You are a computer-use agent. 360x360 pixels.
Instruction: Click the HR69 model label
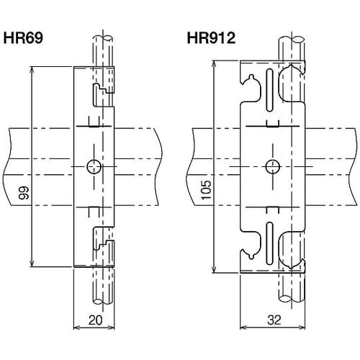pyautogui.click(x=23, y=38)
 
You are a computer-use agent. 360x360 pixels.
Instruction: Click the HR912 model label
pyautogui.click(x=211, y=38)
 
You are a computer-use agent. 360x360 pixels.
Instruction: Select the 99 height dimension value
pyautogui.click(x=24, y=192)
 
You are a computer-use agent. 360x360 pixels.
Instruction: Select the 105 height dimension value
pyautogui.click(x=206, y=190)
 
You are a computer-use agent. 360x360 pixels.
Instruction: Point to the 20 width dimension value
pyautogui.click(x=95, y=320)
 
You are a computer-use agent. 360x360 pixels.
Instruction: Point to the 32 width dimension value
pyautogui.click(x=274, y=320)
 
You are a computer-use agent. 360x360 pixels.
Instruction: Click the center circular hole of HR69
pyautogui.click(x=94, y=166)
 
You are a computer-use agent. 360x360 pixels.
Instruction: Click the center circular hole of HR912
pyautogui.click(x=273, y=166)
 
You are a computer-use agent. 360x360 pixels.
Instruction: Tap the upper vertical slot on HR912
pyautogui.click(x=269, y=91)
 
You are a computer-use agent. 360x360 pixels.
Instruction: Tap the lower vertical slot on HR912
pyautogui.click(x=269, y=243)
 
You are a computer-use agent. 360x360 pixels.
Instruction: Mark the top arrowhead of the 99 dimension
pyautogui.click(x=32, y=69)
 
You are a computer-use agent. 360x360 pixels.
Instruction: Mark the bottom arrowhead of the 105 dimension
pyautogui.click(x=214, y=270)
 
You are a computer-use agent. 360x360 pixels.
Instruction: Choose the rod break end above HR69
pyautogui.click(x=103, y=38)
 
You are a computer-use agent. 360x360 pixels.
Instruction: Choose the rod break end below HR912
pyautogui.click(x=291, y=298)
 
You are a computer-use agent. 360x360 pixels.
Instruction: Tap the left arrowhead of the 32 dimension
pyautogui.click(x=243, y=328)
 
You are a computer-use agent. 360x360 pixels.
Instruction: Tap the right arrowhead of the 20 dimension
pyautogui.click(x=112, y=328)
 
